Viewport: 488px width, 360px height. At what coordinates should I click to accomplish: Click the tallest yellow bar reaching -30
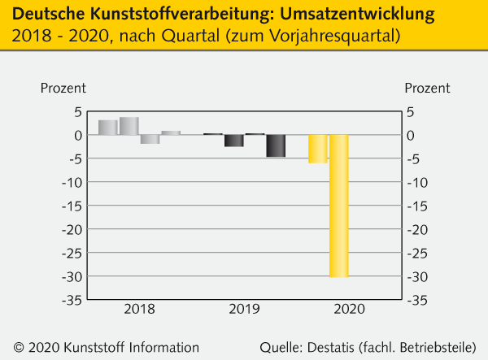[x=338, y=206]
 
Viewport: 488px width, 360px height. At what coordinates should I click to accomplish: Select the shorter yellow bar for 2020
[x=317, y=149]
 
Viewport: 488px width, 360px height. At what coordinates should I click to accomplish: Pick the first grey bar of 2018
[x=107, y=127]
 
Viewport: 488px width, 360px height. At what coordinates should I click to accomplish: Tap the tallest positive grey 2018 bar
[x=129, y=126]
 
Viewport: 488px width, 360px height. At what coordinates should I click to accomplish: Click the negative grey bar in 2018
[x=150, y=139]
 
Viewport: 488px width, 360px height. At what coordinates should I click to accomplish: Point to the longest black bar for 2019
[x=276, y=145]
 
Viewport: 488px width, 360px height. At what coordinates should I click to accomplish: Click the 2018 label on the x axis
[x=139, y=310]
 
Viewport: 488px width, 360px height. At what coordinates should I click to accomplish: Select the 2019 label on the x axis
[x=244, y=310]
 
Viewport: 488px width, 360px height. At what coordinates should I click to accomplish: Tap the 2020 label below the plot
[x=349, y=310]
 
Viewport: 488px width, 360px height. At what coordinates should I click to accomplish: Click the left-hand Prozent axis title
[x=63, y=88]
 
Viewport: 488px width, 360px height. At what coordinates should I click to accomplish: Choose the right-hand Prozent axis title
[x=428, y=88]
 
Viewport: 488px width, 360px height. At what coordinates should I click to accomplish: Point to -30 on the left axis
[x=72, y=276]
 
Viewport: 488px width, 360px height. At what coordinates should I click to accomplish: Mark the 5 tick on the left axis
[x=78, y=111]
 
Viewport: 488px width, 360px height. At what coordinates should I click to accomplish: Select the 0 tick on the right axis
[x=411, y=135]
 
